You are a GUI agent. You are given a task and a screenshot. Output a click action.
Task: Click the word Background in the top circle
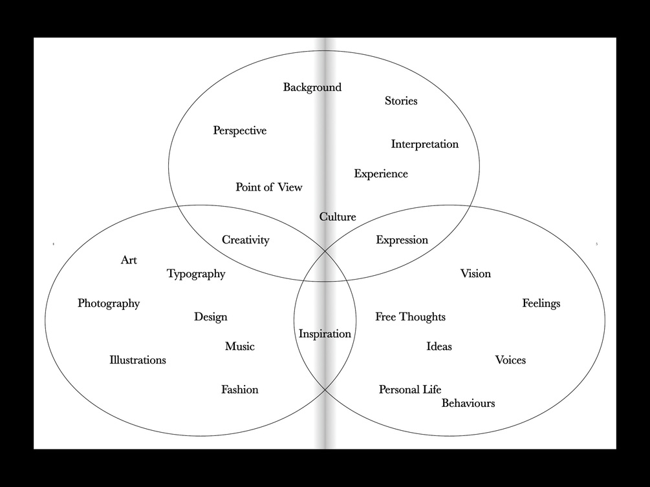(x=312, y=87)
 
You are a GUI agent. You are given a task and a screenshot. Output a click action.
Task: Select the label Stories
(x=401, y=101)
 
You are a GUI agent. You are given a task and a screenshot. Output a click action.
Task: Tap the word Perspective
(x=239, y=130)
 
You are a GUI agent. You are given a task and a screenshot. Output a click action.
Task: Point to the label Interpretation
(x=424, y=144)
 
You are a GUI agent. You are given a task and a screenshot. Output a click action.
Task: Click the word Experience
(x=380, y=174)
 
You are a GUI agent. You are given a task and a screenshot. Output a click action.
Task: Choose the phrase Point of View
(x=268, y=187)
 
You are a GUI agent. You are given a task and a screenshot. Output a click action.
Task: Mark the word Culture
(x=338, y=217)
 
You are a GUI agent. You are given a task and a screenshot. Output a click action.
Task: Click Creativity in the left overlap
(x=245, y=240)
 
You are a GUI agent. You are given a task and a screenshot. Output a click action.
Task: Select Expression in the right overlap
(x=402, y=240)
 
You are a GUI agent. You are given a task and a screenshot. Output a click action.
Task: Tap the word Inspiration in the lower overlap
(x=325, y=334)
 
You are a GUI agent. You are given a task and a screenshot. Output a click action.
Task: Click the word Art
(x=129, y=260)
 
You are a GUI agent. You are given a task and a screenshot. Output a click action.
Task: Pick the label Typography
(x=196, y=274)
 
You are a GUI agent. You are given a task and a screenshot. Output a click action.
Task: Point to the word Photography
(x=109, y=304)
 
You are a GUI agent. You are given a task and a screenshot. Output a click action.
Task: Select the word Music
(x=239, y=347)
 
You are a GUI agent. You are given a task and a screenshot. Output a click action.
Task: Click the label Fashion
(x=239, y=389)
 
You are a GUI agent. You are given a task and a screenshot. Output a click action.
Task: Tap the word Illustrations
(x=137, y=360)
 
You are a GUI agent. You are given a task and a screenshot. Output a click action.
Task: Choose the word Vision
(x=475, y=274)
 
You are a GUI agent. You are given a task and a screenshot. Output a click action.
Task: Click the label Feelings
(x=541, y=304)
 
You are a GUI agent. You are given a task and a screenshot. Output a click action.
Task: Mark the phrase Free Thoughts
(x=410, y=317)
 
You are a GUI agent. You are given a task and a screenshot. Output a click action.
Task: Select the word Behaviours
(x=468, y=403)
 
